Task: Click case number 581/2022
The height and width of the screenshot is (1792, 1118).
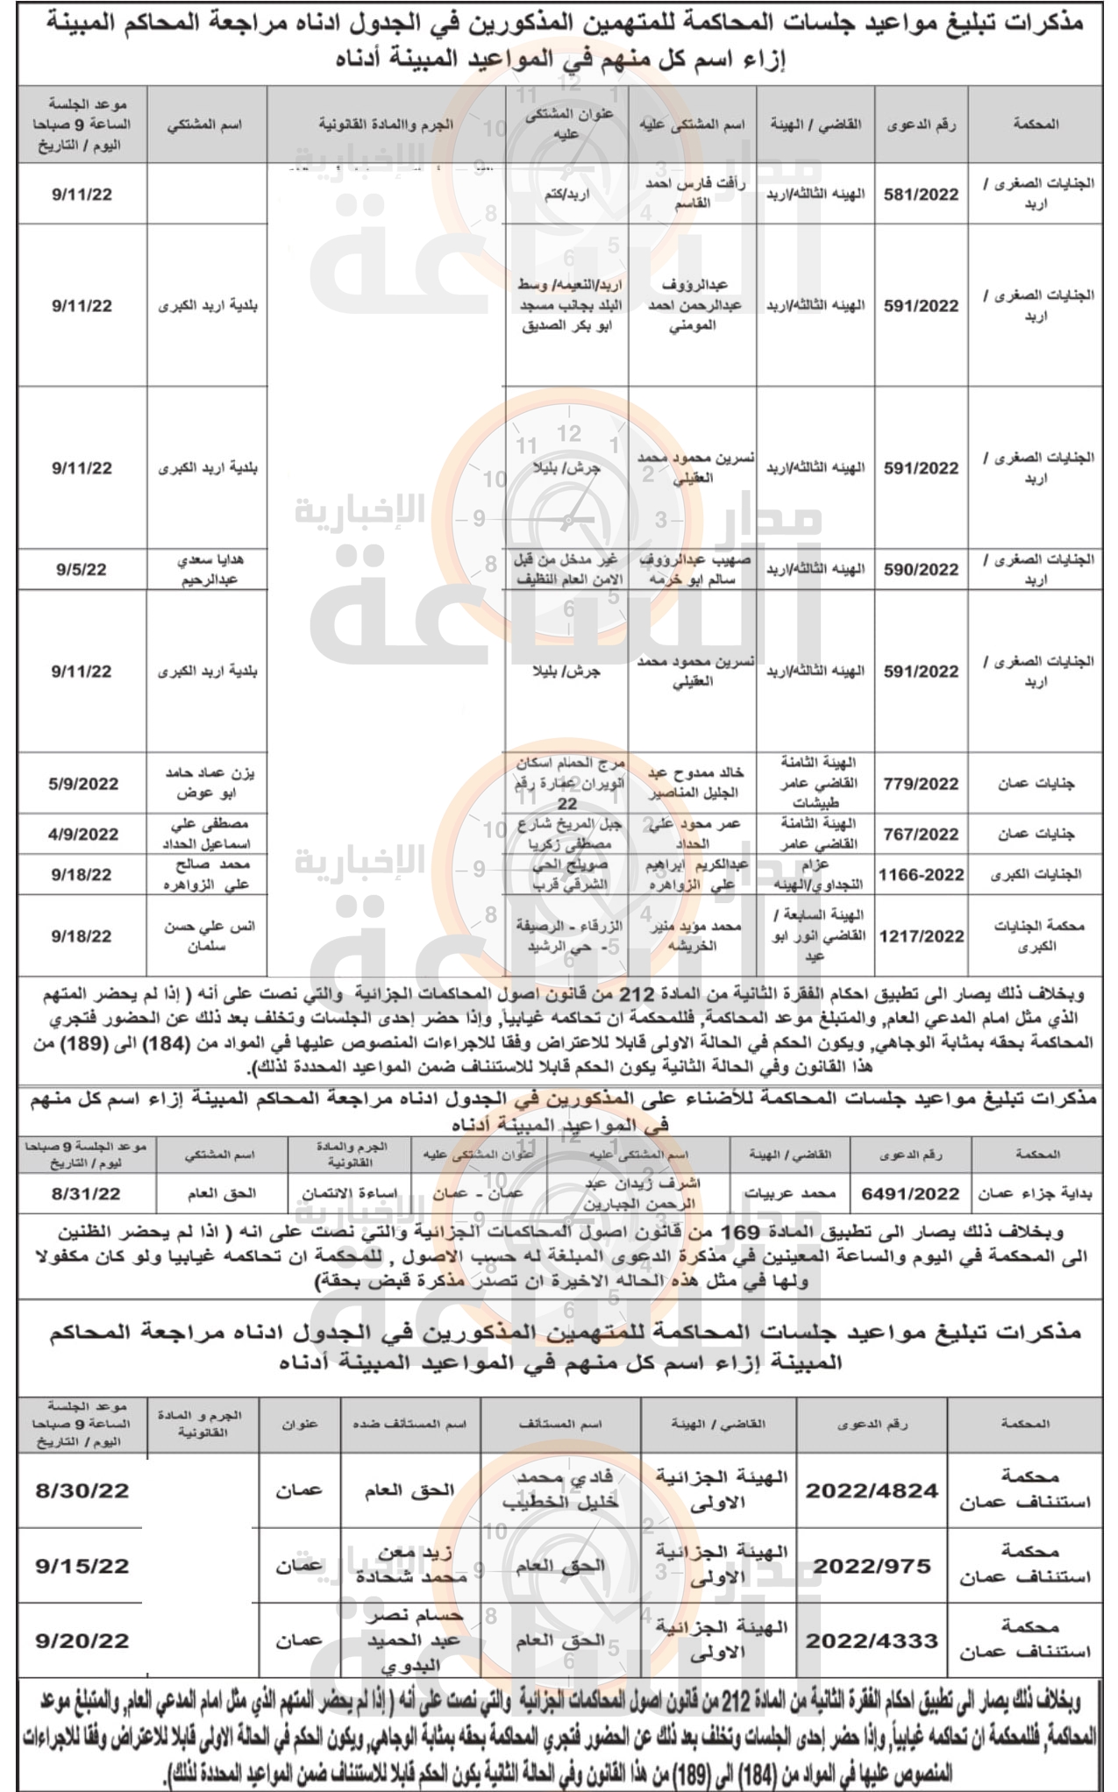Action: (x=921, y=195)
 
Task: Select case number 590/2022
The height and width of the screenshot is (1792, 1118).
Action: (x=921, y=570)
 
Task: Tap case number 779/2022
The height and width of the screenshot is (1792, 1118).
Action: (x=921, y=784)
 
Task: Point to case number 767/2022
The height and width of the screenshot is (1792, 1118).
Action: (x=921, y=834)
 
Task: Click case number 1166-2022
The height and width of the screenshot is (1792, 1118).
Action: (x=921, y=874)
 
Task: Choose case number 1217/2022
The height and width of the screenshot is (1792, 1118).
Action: (x=921, y=936)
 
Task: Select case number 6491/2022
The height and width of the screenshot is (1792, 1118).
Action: (x=910, y=1193)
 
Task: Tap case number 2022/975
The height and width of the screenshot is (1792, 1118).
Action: (x=872, y=1566)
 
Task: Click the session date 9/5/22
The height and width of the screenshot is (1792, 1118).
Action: (x=82, y=570)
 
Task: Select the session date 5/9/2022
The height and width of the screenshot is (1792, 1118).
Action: (x=83, y=784)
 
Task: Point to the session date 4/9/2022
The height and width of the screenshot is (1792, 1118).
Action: (x=83, y=834)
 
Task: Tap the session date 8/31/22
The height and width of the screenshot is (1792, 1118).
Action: (x=86, y=1193)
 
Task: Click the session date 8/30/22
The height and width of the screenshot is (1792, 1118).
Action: (x=82, y=1490)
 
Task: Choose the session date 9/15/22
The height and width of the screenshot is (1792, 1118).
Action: (x=82, y=1566)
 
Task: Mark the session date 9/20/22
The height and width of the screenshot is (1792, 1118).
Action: (x=82, y=1640)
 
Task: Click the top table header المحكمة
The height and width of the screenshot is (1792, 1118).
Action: (x=1036, y=124)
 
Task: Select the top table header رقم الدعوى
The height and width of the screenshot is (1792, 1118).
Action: (x=921, y=124)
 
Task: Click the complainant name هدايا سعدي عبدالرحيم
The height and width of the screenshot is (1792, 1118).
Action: (x=209, y=570)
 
